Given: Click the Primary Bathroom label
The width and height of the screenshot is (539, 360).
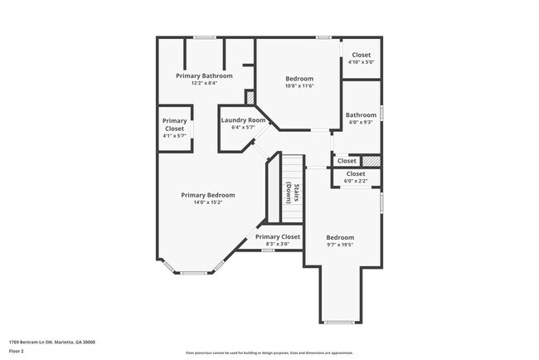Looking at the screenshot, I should point(203,75).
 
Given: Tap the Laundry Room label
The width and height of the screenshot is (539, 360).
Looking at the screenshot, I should point(243,120).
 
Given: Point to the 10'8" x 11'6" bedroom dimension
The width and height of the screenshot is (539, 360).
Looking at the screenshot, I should point(299,85).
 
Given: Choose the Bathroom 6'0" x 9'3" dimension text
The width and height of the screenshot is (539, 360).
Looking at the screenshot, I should point(361,122).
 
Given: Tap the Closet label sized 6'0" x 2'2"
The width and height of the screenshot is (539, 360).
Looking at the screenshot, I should point(355,180).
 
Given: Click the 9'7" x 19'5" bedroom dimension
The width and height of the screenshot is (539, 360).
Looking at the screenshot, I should point(339,245).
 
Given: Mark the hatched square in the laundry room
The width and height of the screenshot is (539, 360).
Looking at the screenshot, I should point(250,98).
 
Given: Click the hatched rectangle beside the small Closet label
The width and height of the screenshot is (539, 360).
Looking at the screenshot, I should point(372,160).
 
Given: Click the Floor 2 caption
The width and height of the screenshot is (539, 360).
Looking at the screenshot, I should point(17,351).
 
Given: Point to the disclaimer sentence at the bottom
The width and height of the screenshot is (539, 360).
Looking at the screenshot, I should point(269,352).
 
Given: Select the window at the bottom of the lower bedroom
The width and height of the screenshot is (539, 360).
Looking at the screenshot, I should point(339,322).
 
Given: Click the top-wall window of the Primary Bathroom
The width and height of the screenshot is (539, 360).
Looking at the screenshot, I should point(205,37).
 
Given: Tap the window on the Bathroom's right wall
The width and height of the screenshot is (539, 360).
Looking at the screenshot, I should point(381,112).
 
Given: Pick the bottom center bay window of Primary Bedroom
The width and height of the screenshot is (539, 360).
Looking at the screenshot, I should point(194,272).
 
